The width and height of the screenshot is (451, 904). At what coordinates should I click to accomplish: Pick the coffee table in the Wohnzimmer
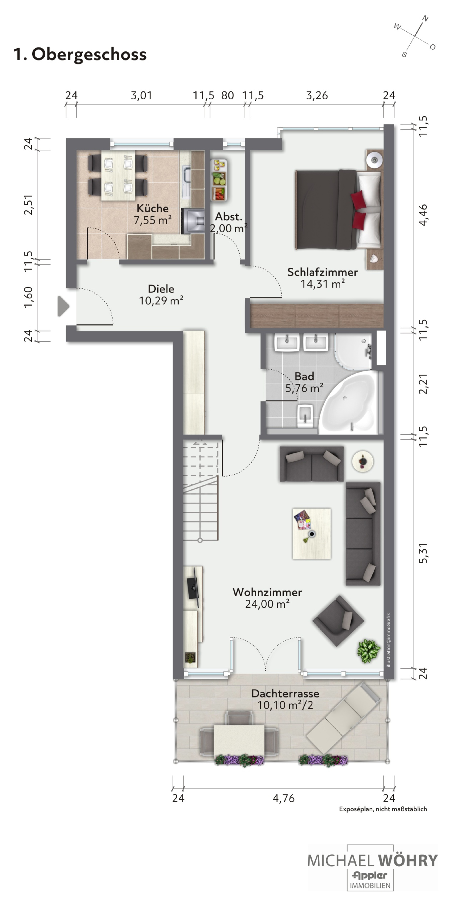(312, 533)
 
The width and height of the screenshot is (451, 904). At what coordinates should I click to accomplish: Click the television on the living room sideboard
(193, 587)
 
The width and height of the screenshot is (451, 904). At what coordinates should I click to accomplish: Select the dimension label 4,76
(284, 798)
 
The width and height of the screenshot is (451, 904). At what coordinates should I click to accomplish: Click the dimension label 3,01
(141, 95)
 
